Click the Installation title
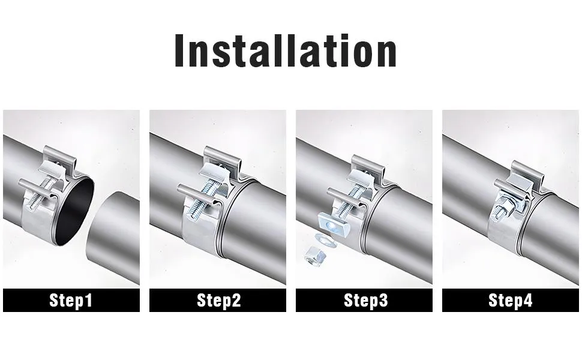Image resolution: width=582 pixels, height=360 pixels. tap(286, 50)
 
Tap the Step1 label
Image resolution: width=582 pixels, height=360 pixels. tap(71, 300)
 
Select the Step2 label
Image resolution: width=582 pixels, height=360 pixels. tap(218, 300)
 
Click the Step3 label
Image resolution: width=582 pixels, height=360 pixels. tap(365, 300)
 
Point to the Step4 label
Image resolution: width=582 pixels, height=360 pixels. tap(511, 300)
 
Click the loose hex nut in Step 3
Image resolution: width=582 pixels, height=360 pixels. tap(315, 256)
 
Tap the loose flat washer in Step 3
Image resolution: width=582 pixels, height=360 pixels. tap(325, 240)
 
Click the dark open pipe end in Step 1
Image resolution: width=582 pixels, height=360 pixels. tap(74, 212)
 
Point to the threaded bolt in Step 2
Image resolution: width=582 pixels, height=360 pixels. tap(202, 202)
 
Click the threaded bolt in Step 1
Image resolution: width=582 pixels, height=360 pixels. tap(41, 193)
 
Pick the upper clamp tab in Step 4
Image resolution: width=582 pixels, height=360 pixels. tap(527, 172)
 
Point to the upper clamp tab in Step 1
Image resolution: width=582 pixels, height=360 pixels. tap(59, 155)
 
